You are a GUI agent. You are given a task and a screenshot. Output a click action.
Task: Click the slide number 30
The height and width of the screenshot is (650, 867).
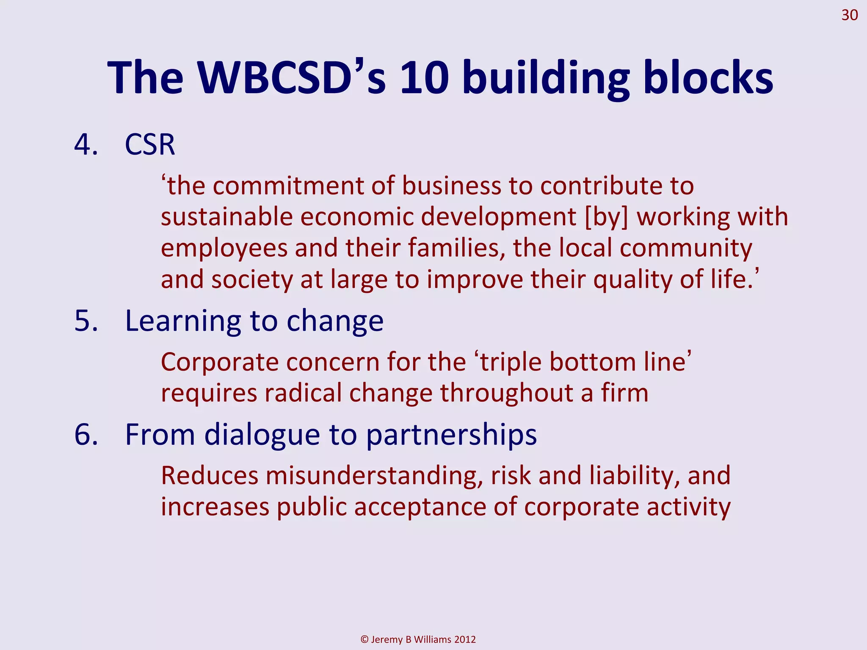pyautogui.click(x=849, y=15)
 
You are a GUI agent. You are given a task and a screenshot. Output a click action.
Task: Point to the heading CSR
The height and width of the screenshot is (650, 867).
pyautogui.click(x=150, y=145)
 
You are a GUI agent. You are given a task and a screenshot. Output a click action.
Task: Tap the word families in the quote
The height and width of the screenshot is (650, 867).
pyautogui.click(x=457, y=248)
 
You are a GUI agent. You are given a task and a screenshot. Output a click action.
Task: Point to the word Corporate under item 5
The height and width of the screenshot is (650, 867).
pyautogui.click(x=220, y=362)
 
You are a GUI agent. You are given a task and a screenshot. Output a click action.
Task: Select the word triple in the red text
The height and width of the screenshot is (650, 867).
pyautogui.click(x=511, y=362)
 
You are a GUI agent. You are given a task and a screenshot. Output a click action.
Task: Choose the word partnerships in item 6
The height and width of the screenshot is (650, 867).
pyautogui.click(x=451, y=435)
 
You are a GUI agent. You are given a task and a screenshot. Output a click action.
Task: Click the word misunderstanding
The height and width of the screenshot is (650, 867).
pyautogui.click(x=374, y=476)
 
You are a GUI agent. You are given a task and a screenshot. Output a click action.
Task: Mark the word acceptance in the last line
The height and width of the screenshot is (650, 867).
pyautogui.click(x=420, y=507)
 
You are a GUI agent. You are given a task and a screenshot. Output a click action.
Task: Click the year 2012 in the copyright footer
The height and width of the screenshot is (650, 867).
pyautogui.click(x=465, y=639)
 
